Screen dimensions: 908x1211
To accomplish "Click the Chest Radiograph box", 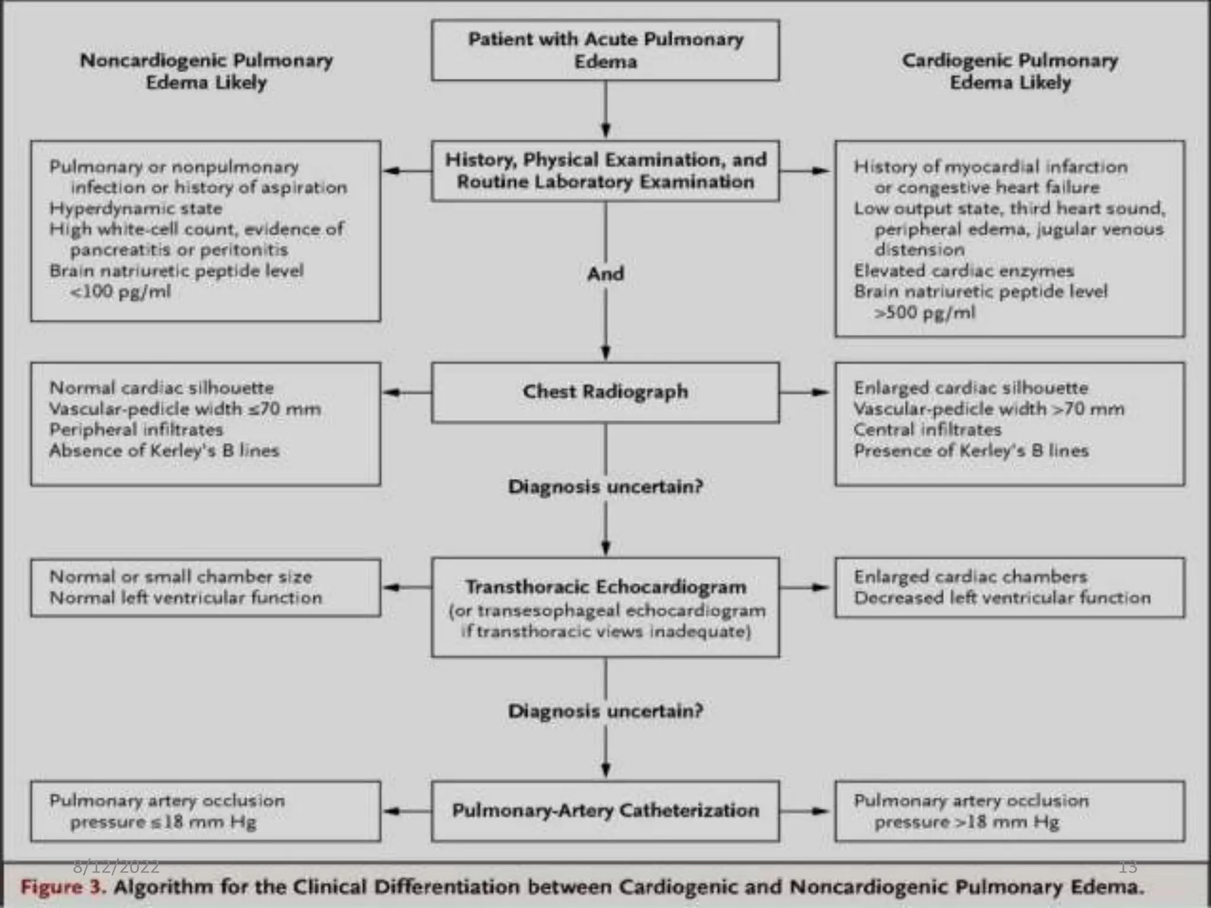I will coord(605,392).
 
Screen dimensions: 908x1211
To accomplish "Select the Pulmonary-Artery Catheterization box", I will coord(605,810).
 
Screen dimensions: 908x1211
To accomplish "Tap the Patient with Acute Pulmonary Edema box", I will coord(605,50).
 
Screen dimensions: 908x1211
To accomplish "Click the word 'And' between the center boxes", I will coord(605,274).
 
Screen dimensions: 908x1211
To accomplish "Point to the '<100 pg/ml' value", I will coord(120,291).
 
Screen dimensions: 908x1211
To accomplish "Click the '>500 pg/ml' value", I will coord(925,312).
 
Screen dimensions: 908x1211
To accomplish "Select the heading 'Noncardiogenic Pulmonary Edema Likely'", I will coord(206,71).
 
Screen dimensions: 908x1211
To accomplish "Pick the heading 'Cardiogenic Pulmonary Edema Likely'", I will coord(1009,71).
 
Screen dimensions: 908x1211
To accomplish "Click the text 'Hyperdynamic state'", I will coord(136,208).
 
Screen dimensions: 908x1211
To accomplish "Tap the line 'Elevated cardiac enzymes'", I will coord(964,271).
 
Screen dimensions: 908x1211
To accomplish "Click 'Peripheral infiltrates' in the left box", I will coord(136,430).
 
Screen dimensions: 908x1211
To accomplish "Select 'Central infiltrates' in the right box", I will coord(927,430).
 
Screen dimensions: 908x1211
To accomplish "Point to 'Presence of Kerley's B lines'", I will coord(971,450).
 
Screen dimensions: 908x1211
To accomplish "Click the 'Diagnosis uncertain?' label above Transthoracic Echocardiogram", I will coord(605,487).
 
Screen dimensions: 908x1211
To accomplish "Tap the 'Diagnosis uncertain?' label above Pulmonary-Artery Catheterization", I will coord(605,711).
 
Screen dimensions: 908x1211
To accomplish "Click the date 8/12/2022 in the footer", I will coord(116,867).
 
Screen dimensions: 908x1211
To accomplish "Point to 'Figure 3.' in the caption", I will coord(63,887).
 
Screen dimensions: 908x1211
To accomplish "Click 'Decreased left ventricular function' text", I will coord(1002,598).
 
